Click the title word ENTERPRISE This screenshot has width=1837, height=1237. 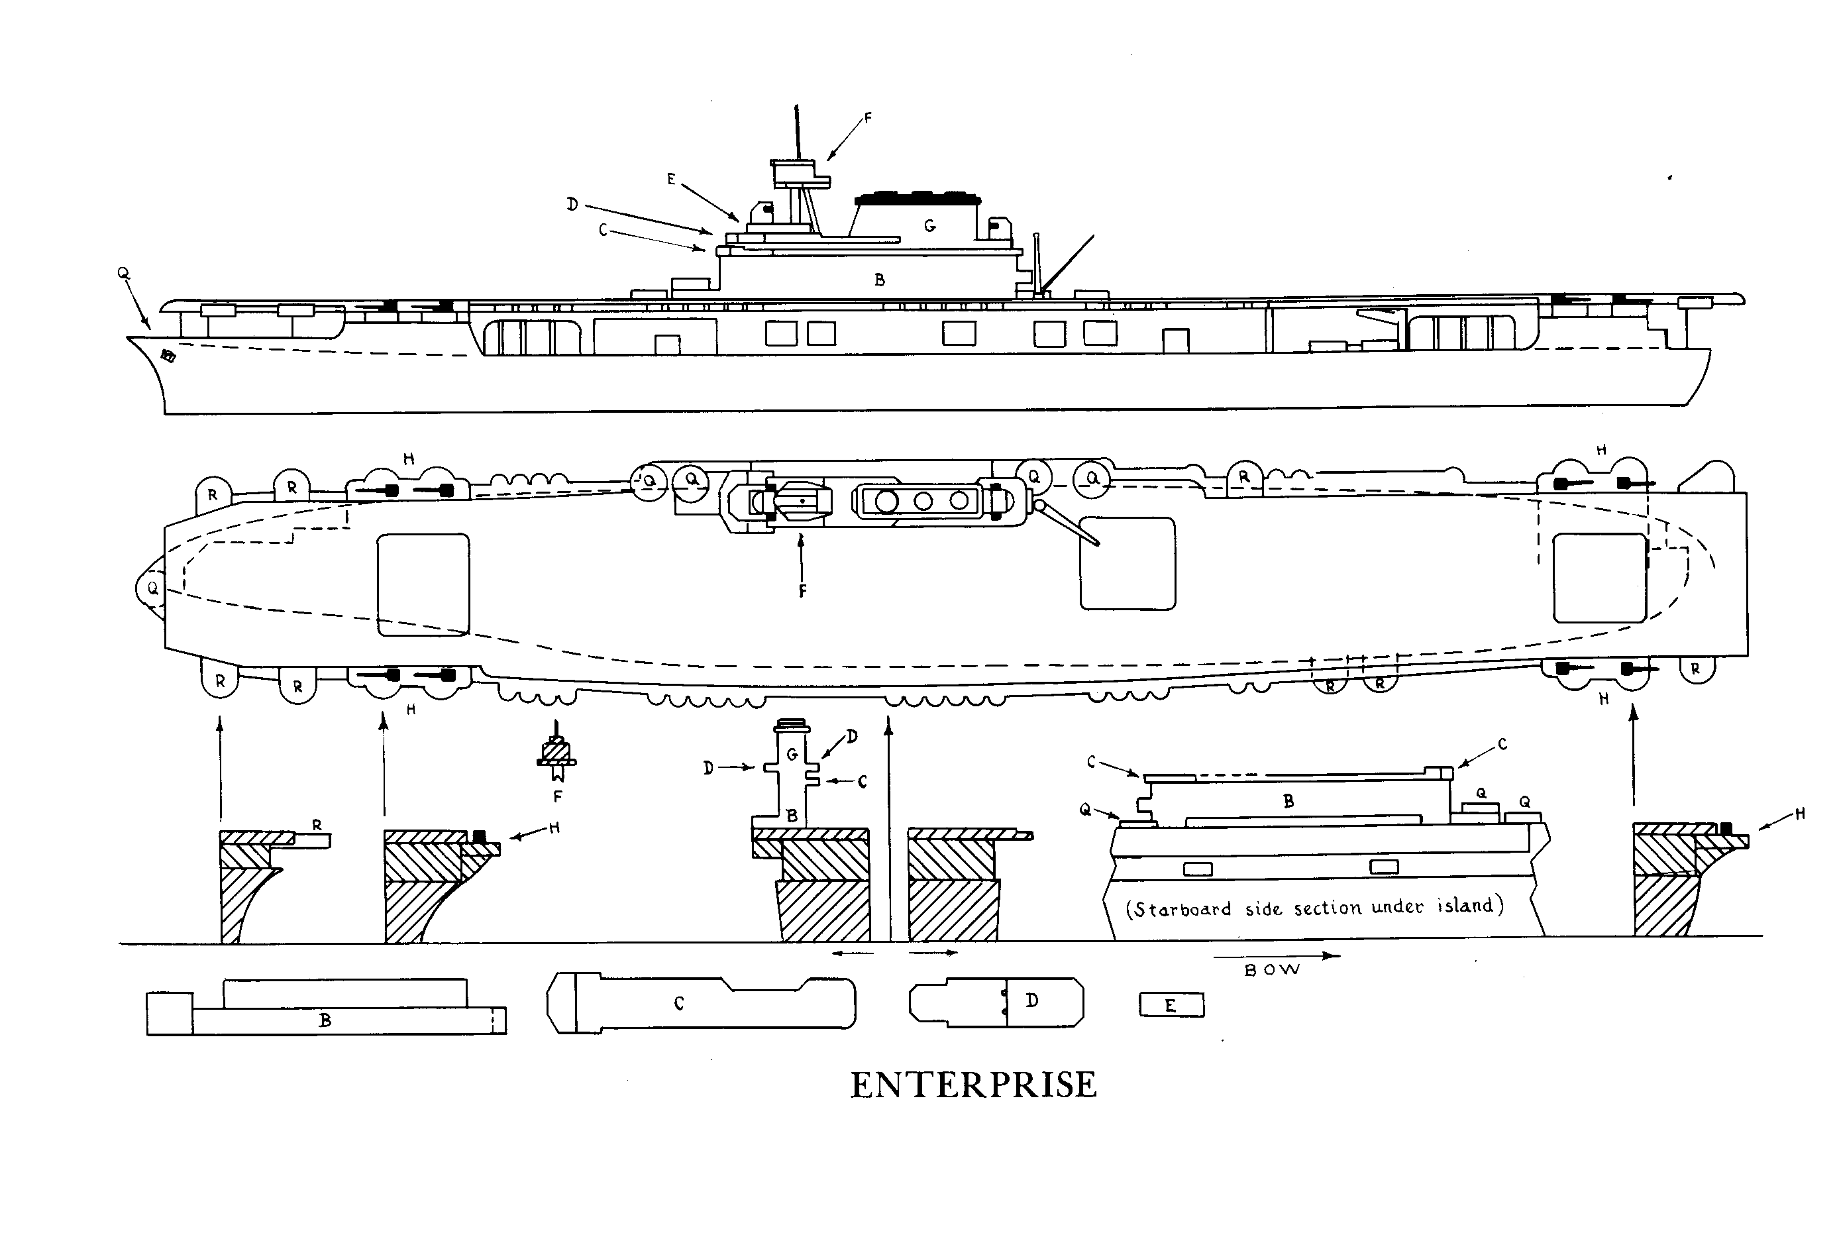972,1085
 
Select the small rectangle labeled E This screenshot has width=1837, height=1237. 1171,1005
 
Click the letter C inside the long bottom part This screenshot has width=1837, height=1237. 679,1004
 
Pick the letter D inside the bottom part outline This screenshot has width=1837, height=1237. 1031,1000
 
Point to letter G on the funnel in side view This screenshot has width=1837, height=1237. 930,227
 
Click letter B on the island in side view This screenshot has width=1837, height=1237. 880,280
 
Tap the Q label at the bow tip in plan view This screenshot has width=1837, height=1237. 153,588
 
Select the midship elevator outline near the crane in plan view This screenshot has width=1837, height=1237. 1127,563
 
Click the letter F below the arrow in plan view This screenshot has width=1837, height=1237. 802,591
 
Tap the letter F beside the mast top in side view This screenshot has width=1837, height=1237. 868,119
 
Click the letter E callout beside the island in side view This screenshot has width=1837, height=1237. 671,180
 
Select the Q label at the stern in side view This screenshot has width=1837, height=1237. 123,273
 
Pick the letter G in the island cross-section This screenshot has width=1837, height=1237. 792,755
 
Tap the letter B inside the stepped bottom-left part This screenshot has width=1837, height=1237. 325,1020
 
